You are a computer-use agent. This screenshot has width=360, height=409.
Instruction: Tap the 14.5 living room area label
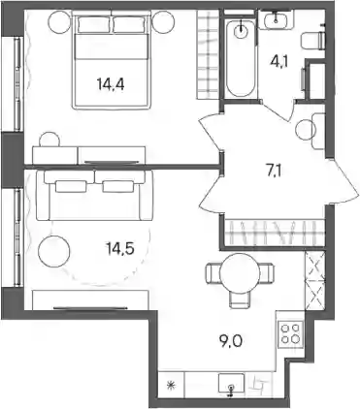tap(119, 248)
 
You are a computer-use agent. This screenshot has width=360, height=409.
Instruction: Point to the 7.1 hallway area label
tap(274, 172)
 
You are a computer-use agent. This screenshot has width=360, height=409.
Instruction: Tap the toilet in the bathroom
tap(312, 41)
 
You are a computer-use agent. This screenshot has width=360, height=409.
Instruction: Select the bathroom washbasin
tap(276, 18)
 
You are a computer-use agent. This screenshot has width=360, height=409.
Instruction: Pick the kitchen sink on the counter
tap(231, 385)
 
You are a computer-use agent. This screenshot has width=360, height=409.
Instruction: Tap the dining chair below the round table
tap(240, 299)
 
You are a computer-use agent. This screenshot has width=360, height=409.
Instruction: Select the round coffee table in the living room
tap(53, 251)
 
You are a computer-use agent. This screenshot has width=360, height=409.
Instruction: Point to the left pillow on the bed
tap(94, 24)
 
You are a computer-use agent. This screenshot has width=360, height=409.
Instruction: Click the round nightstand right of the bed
tap(164, 21)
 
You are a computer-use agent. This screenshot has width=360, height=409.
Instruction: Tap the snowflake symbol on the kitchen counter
tap(171, 385)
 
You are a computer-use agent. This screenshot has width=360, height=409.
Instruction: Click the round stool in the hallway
tap(305, 130)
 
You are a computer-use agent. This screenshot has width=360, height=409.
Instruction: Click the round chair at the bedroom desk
tap(49, 140)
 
